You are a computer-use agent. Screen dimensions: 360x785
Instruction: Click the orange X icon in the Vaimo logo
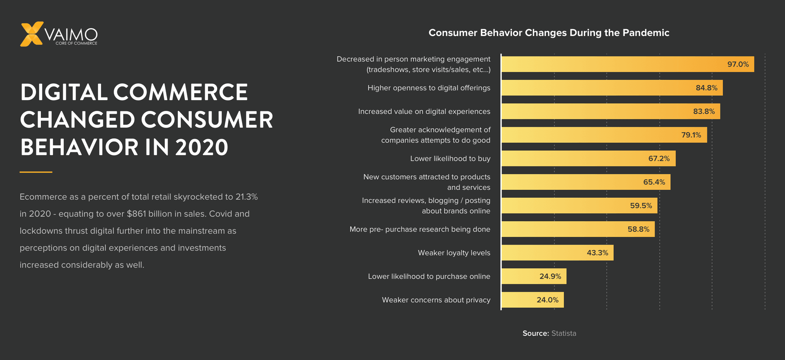tap(31, 34)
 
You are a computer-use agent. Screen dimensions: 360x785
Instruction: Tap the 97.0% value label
tap(738, 64)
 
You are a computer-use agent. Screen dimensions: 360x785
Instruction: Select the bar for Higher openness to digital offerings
tap(612, 88)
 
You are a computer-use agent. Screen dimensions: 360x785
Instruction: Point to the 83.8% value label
tap(704, 111)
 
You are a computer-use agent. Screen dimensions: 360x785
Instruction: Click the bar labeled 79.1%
tap(604, 135)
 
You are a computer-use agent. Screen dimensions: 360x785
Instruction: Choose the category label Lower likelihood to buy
tap(450, 159)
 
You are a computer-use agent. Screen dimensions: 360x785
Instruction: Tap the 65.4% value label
tap(654, 182)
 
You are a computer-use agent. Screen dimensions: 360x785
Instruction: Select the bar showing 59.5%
tap(579, 206)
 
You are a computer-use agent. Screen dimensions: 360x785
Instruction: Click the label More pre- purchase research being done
tap(419, 229)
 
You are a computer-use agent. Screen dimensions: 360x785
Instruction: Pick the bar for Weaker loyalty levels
tap(557, 253)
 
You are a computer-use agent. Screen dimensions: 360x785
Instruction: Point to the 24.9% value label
tap(550, 277)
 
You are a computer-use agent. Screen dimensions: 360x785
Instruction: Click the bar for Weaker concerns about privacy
tap(532, 300)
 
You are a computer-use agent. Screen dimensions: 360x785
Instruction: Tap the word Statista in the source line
tap(563, 333)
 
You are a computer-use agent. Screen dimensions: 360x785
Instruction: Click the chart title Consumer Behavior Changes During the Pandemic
tap(549, 33)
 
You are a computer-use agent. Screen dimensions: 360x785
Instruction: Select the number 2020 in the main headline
tap(202, 148)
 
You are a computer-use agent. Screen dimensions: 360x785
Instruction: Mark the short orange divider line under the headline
tap(36, 172)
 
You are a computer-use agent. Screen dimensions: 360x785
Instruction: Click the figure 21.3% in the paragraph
tap(247, 197)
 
